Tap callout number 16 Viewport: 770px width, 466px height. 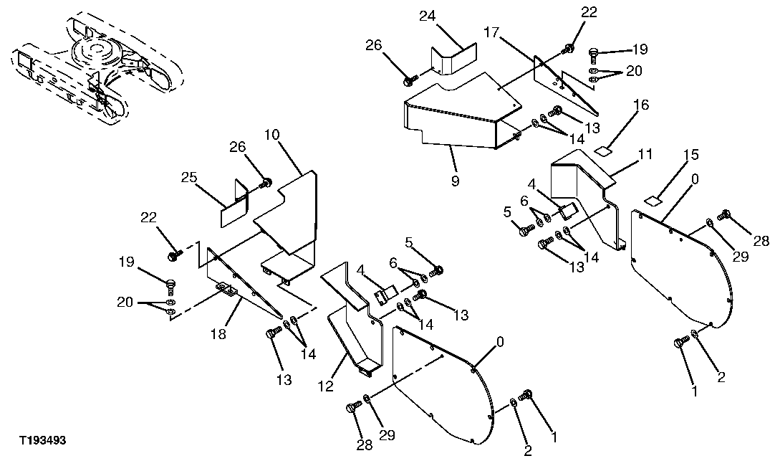click(x=641, y=105)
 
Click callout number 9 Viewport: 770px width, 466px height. click(x=455, y=181)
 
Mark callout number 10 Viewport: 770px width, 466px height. click(x=271, y=134)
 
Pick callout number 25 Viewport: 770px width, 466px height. click(x=191, y=176)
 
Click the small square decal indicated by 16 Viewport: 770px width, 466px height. click(x=604, y=151)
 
